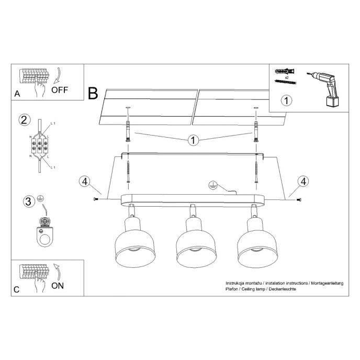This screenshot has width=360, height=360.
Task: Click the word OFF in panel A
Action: [x=59, y=89]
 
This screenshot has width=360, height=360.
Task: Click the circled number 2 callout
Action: [x=24, y=120]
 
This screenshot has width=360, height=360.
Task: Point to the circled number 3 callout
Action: [x=28, y=201]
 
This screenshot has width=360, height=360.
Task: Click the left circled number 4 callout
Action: [x=84, y=182]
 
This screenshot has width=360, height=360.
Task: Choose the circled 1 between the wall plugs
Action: [x=193, y=140]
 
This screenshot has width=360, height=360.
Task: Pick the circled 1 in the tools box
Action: [x=286, y=99]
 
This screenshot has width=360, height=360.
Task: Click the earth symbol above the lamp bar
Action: [x=213, y=184]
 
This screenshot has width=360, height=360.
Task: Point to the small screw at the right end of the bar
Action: [x=299, y=199]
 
